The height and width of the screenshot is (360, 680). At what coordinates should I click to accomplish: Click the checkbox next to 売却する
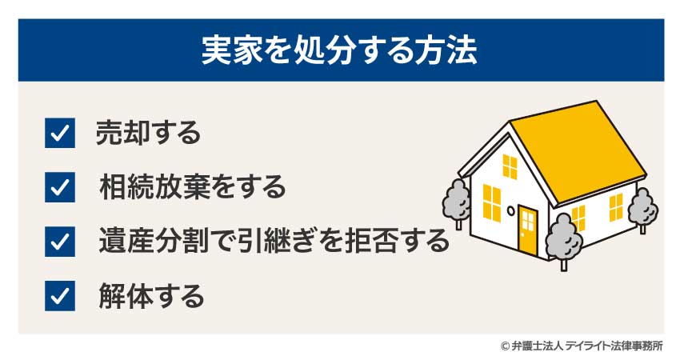pyautogui.click(x=60, y=134)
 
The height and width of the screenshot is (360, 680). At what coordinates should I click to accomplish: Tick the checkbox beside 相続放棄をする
pyautogui.click(x=60, y=187)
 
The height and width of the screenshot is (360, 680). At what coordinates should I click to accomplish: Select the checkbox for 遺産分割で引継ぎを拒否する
pyautogui.click(x=60, y=242)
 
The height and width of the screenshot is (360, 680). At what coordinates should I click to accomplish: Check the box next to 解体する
pyautogui.click(x=60, y=296)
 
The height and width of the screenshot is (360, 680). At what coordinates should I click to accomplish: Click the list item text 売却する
pyautogui.click(x=148, y=134)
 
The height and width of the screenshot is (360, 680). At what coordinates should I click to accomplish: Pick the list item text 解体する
pyautogui.click(x=151, y=296)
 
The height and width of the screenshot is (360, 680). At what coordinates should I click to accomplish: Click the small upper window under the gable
pyautogui.click(x=510, y=167)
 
